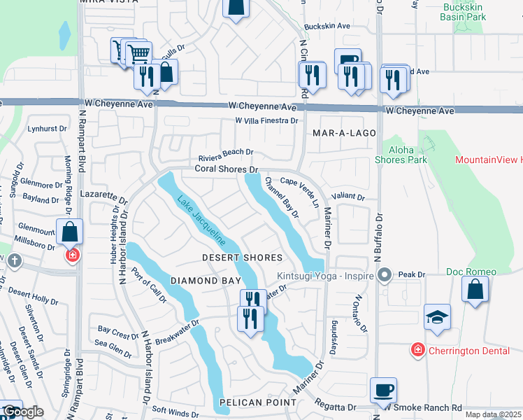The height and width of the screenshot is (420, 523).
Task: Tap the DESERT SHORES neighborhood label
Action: tap(242, 258)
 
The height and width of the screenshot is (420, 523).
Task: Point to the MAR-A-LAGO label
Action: tap(344, 133)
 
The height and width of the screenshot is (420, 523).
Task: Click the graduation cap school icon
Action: tap(438, 317)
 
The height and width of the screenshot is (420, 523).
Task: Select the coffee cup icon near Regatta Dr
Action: tap(383, 390)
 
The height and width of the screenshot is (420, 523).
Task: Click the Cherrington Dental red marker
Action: tap(417, 349)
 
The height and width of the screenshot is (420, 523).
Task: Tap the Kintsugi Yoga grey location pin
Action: tap(383, 274)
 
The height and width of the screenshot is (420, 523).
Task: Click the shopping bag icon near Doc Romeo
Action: tap(475, 290)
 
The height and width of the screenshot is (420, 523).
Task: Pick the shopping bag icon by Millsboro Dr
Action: tap(70, 232)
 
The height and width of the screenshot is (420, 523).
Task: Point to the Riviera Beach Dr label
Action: tap(225, 153)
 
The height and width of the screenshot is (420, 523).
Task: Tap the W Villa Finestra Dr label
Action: tap(266, 120)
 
